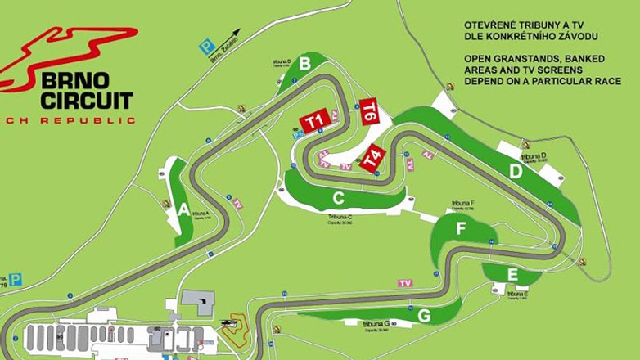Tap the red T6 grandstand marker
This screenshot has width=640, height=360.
[369, 110]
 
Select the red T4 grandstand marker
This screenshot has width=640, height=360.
[373, 159]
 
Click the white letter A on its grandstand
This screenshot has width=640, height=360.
[183, 209]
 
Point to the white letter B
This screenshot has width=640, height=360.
[304, 63]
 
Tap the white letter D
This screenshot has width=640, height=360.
[516, 172]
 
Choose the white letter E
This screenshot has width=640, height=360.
[512, 274]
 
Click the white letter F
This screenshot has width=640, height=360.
[461, 229]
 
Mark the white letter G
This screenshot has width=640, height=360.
[423, 316]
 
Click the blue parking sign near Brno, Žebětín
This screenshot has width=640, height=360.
[208, 47]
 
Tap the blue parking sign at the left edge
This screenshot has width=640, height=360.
[16, 279]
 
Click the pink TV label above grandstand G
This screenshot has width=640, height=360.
[404, 283]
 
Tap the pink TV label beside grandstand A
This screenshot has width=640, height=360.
[237, 204]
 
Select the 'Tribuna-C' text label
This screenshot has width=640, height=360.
[340, 217]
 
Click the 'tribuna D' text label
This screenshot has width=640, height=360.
[533, 155]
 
